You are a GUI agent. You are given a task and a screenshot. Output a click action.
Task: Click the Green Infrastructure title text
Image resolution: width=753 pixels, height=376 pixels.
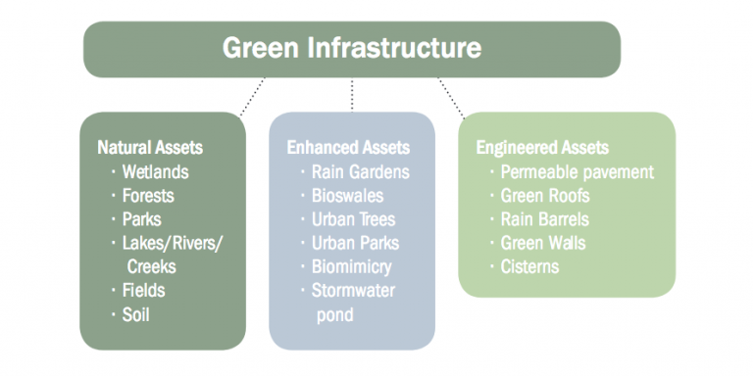[x=352, y=47]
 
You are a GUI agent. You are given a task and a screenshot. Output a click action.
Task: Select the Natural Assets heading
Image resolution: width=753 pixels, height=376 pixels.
[x=150, y=148]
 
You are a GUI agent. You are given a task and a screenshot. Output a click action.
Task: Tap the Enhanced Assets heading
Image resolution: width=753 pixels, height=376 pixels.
[x=348, y=148]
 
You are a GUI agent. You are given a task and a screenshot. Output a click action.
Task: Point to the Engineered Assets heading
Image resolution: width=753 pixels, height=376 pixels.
[x=542, y=148]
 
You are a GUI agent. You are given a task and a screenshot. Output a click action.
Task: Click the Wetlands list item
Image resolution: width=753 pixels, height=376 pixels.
[x=155, y=171]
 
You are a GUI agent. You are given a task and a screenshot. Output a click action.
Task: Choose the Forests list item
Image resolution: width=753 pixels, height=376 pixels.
[x=148, y=195]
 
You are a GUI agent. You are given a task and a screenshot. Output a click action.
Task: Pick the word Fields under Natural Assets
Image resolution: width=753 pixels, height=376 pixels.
[x=143, y=290]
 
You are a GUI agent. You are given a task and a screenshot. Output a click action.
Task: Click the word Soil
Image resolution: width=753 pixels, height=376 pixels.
[x=136, y=313]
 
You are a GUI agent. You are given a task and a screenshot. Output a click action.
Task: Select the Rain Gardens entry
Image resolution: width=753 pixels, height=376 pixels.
[x=360, y=171]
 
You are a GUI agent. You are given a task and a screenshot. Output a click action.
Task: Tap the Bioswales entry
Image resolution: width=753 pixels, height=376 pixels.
[x=347, y=195]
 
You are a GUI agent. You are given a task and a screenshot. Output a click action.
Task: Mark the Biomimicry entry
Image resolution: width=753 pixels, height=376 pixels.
[x=351, y=266]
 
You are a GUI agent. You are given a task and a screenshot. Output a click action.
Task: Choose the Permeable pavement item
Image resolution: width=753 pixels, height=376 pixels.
[x=577, y=171]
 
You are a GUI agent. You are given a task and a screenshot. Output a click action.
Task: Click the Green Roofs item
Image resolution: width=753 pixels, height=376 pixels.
[x=545, y=195]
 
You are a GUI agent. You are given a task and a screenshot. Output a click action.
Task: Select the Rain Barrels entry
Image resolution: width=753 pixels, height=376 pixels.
[x=547, y=219]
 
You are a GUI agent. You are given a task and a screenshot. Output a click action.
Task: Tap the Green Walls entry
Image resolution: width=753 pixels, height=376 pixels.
[x=544, y=243]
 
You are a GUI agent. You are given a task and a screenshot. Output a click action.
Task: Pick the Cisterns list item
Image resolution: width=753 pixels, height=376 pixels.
[x=529, y=266]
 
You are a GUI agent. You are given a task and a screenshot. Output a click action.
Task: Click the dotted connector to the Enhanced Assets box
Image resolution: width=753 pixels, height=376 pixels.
[x=351, y=94]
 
